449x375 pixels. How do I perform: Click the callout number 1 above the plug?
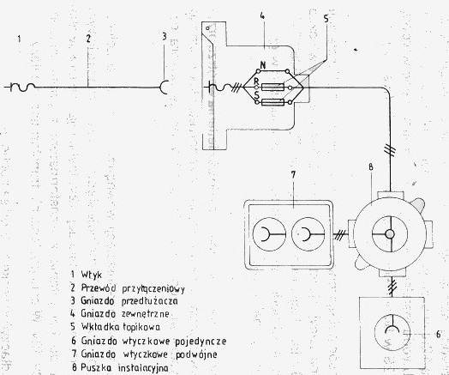(x=19, y=39)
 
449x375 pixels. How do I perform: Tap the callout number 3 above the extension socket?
(x=164, y=37)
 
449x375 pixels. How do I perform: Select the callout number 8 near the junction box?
(x=371, y=167)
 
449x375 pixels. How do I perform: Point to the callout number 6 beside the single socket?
(x=438, y=335)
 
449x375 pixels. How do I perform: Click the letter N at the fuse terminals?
(x=262, y=65)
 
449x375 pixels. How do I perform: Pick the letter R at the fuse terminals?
(x=256, y=82)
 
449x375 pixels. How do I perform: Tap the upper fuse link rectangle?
(x=272, y=87)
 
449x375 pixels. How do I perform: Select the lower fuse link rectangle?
(x=272, y=102)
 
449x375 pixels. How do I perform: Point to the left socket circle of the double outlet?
(x=269, y=234)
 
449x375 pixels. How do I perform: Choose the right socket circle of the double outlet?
(x=308, y=234)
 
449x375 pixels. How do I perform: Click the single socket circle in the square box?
(x=392, y=332)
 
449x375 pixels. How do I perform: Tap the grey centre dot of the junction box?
(x=389, y=234)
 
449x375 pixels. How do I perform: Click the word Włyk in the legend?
(x=92, y=275)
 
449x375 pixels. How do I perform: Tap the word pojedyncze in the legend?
(x=201, y=342)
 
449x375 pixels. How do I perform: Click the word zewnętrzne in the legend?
(x=145, y=314)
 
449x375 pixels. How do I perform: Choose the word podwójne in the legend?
(x=196, y=354)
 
